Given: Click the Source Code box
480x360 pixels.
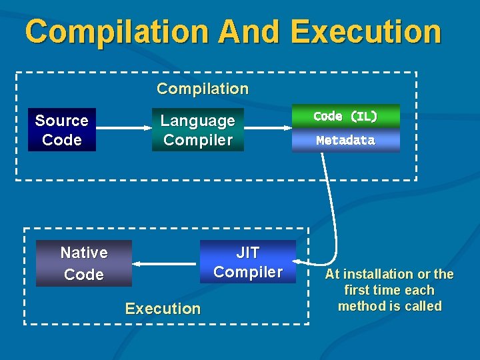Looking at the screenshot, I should [62, 130].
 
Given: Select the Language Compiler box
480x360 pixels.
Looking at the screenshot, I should [198, 130].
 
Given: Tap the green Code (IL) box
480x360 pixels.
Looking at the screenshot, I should [345, 116].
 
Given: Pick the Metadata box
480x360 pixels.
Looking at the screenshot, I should [345, 141].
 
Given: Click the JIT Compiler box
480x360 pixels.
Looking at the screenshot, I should [248, 262].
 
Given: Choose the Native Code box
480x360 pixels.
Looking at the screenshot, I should [84, 263].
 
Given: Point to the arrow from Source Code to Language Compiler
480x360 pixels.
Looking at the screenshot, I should [124, 127].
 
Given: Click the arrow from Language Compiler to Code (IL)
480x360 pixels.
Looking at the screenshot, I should [267, 127].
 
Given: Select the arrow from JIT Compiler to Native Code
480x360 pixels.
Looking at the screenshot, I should [167, 264].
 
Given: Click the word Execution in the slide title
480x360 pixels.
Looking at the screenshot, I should [366, 31].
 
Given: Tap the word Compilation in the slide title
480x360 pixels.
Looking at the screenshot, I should [117, 31].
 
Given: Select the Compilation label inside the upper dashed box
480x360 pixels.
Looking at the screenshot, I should [203, 89].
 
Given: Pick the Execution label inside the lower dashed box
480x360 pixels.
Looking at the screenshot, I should [163, 309].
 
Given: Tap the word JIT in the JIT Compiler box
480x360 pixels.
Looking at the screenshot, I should [248, 253].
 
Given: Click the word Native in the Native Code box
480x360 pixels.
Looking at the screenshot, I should [84, 253].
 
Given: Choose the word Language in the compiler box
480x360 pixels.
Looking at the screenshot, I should [198, 121].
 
